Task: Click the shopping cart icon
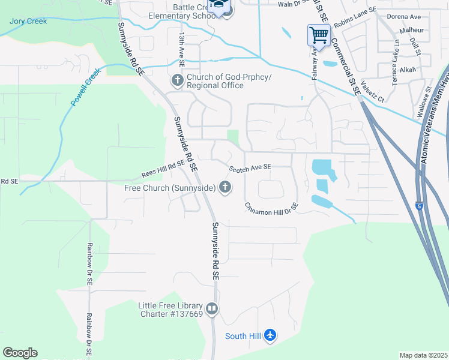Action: tap(319, 35)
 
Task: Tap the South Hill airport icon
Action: tap(270, 335)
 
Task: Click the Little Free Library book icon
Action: tap(211, 309)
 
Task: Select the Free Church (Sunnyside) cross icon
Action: tap(225, 188)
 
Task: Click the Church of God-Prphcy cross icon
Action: tap(178, 80)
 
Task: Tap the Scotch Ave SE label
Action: tap(250, 167)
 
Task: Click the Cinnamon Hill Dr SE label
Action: tap(271, 208)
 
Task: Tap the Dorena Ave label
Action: tap(404, 16)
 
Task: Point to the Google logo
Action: tap(20, 352)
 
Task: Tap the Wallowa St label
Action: tap(429, 97)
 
